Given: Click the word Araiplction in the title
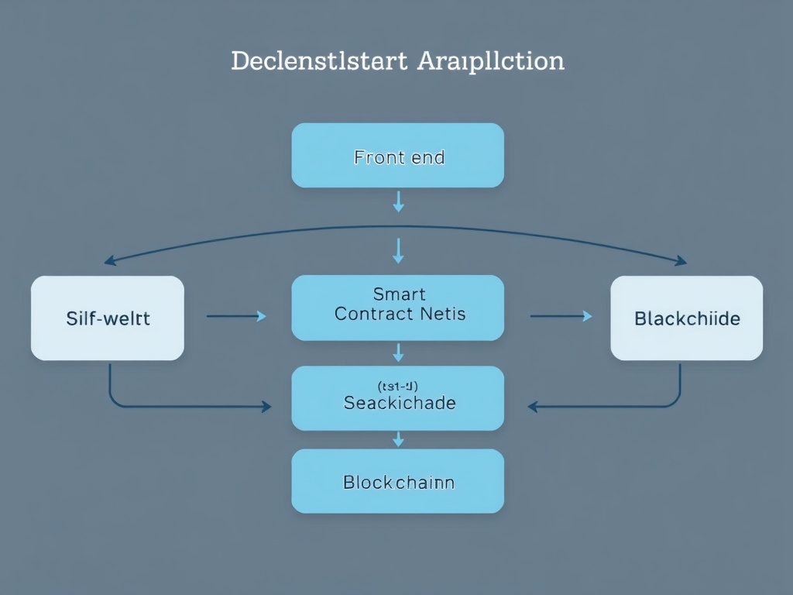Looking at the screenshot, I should [490, 61].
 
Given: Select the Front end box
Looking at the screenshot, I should [398, 156].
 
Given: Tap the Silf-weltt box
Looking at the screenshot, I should [108, 318].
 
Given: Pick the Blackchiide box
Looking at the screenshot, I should [687, 318].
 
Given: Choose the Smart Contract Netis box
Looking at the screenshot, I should [398, 308].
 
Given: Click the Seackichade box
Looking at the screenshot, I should [398, 398].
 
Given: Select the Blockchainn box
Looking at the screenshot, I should [398, 481].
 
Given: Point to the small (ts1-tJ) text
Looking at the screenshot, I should [398, 385].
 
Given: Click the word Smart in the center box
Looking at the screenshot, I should [399, 294].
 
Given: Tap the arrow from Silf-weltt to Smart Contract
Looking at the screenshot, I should [236, 316].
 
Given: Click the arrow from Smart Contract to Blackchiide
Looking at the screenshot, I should [561, 316].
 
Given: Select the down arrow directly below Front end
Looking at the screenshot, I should [398, 201].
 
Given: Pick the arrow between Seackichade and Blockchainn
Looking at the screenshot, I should [398, 439].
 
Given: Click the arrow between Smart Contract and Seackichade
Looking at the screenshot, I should [398, 353].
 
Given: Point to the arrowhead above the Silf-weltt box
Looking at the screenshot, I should [110, 261].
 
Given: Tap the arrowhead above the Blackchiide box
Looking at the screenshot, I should [681, 261].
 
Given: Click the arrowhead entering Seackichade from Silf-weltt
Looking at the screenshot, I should [266, 406].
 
